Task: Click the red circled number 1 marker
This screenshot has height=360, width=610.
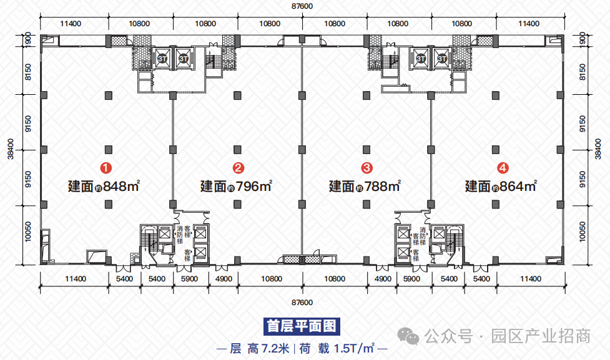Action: (106, 168)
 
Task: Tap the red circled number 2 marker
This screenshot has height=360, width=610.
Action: (239, 168)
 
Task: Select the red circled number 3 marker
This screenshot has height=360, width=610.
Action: (367, 168)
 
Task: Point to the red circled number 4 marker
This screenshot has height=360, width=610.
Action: (503, 168)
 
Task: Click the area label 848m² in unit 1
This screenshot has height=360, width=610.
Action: (121, 186)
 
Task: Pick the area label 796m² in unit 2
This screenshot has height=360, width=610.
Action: (253, 186)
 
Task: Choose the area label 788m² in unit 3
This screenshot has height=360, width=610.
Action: (382, 186)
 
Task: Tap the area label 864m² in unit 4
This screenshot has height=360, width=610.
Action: (519, 186)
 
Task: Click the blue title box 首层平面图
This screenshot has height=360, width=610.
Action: (302, 326)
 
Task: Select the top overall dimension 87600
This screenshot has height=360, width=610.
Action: (302, 6)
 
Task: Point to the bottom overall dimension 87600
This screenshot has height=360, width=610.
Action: (302, 303)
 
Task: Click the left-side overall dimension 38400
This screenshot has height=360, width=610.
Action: (11, 149)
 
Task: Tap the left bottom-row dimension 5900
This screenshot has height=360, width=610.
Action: (189, 279)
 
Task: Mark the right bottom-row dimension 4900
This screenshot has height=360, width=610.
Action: (383, 279)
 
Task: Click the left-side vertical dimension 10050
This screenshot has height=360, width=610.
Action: (28, 231)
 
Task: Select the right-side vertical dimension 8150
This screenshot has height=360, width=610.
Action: (583, 72)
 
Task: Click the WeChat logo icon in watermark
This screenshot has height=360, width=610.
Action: (408, 336)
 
